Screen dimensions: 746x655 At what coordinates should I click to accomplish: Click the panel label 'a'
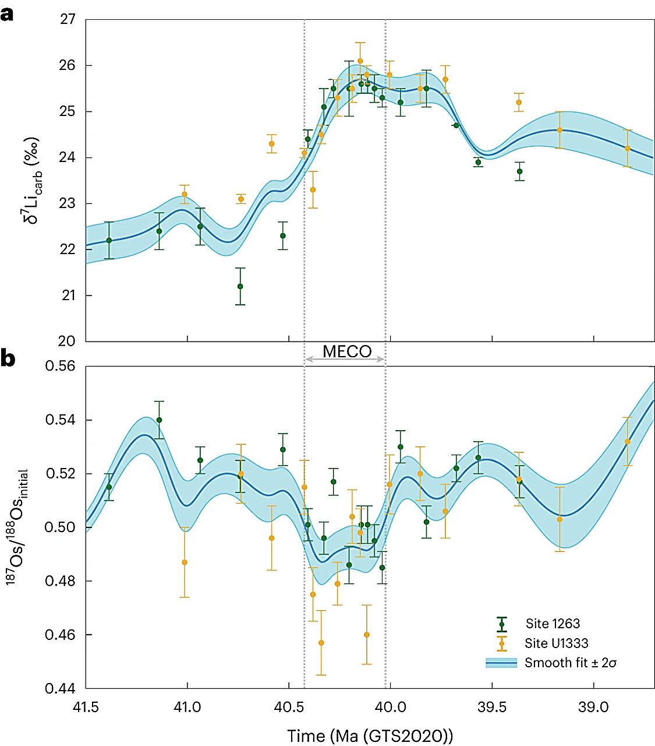point(7,14)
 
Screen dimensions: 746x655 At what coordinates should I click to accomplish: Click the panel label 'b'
point(8,358)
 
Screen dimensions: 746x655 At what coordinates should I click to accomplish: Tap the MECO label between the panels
point(347,351)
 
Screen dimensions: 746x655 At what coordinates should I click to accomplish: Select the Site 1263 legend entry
point(552,624)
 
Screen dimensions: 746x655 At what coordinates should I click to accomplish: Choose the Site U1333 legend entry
point(556,643)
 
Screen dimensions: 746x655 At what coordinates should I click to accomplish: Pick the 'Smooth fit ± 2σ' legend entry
point(570,663)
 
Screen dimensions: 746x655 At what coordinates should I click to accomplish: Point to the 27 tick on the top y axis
point(68,19)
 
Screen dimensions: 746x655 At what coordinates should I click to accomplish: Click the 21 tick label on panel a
point(68,295)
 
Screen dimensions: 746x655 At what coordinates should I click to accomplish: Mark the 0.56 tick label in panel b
point(61,366)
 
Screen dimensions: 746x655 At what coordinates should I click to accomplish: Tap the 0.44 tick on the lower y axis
point(61,688)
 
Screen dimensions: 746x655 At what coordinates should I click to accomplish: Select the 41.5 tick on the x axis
point(86,707)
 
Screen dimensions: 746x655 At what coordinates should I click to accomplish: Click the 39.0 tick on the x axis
point(593,707)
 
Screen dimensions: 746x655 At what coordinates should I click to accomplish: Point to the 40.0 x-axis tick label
point(390,707)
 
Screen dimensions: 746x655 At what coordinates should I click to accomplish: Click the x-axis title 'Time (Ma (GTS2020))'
point(370,736)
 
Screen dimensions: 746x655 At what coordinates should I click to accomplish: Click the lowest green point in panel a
point(240,286)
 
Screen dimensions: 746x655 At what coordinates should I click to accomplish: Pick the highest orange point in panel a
point(360,61)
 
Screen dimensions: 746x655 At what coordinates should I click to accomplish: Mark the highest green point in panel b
point(159,420)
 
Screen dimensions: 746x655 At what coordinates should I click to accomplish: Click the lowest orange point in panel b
point(321,643)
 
